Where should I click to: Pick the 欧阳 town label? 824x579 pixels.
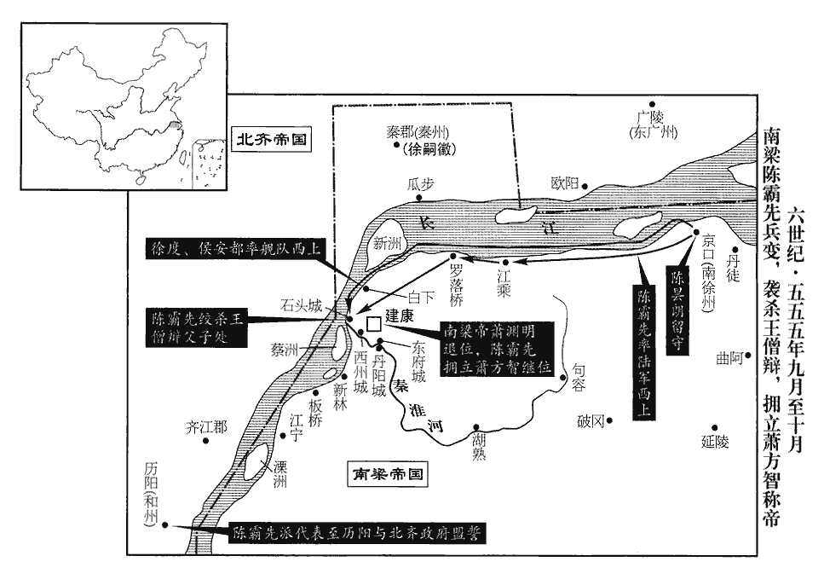coord(565,182)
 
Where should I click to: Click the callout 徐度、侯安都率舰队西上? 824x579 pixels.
coord(234,248)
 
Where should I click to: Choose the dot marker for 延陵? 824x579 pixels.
coord(714,428)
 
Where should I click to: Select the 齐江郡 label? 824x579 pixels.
coord(206,427)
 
